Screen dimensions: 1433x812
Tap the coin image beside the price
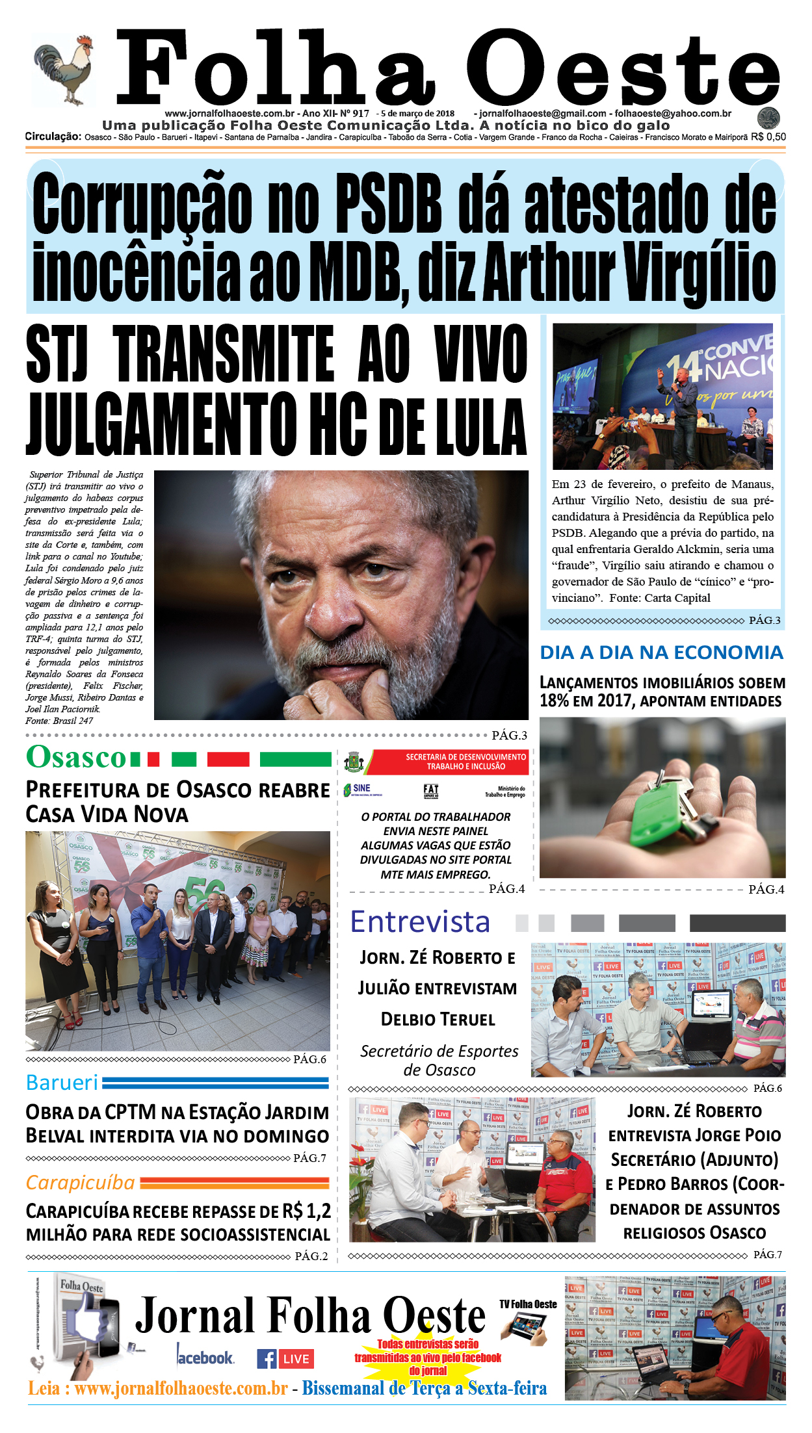click(x=768, y=118)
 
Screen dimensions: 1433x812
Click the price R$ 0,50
click(x=768, y=137)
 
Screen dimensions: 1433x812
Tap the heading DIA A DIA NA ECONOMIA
click(x=661, y=652)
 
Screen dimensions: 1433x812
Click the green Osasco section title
click(x=76, y=758)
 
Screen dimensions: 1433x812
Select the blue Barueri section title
click(x=62, y=1083)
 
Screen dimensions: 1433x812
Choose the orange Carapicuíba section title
click(x=80, y=1183)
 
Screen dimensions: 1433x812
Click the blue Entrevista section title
click(x=420, y=922)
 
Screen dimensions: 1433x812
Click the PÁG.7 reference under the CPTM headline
click(x=309, y=1158)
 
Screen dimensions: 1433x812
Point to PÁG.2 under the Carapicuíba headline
click(x=311, y=1256)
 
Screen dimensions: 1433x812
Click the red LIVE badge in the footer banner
click(x=296, y=1359)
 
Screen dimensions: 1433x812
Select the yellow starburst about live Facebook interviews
click(x=428, y=1357)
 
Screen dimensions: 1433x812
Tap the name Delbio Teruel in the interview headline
click(x=438, y=1019)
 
